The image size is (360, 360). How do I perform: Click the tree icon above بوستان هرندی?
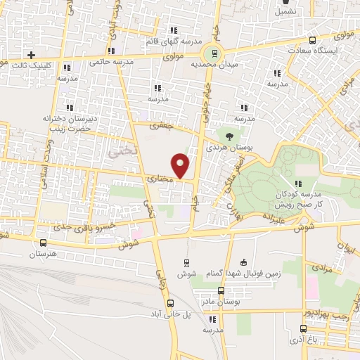click(229, 134)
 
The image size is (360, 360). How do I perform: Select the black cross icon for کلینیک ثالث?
click(31, 55)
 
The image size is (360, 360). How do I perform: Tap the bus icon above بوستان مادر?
click(221, 290)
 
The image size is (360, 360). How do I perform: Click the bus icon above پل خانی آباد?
click(170, 304)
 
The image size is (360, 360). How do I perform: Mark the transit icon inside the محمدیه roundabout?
click(210, 54)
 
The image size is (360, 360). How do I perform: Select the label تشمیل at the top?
click(285, 11)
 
